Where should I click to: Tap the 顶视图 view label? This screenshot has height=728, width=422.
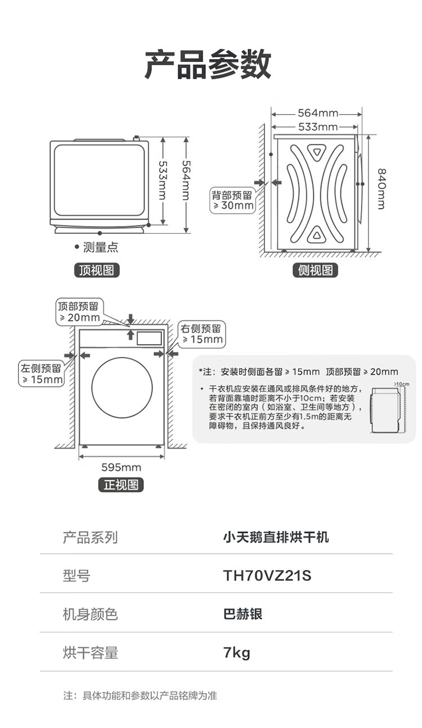97,270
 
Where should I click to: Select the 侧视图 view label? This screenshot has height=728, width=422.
315,270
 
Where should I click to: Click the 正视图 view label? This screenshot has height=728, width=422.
121,485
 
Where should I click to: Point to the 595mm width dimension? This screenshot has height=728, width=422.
122,467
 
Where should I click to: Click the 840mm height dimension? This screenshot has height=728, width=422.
381,188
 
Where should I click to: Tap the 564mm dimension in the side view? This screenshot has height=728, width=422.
318,113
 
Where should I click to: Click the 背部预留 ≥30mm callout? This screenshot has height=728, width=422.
232,201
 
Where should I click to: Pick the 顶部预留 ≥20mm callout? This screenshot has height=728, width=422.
79,312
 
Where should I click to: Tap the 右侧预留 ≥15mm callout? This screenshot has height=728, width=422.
202,334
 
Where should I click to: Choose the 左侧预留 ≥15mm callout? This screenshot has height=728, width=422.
41,374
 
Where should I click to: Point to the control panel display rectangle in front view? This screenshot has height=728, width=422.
149,338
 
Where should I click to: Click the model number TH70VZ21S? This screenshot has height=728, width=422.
267,576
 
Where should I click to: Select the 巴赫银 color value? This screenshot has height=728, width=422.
243,614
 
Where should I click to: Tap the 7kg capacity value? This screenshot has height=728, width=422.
236,653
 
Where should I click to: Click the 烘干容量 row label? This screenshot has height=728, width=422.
90,653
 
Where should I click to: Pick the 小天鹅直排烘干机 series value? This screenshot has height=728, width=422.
276,537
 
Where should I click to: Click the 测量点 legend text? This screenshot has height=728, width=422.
100,247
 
